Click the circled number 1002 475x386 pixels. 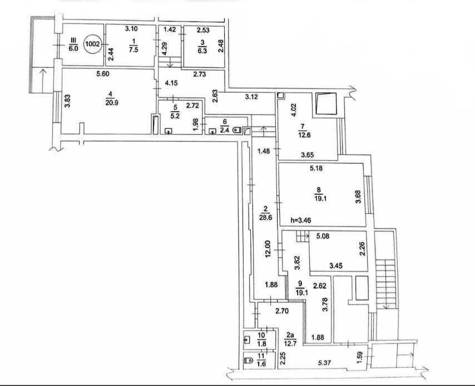[93, 44]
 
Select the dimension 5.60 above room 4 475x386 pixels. [102, 73]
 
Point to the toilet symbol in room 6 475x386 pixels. [237, 131]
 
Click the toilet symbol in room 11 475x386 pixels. [249, 360]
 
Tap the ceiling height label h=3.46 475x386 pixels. [300, 220]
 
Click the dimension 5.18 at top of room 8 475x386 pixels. [316, 168]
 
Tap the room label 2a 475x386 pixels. [290, 335]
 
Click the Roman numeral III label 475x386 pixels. [73, 41]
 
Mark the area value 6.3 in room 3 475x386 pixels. [202, 51]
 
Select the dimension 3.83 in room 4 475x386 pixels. [68, 101]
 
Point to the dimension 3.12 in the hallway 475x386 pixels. [251, 97]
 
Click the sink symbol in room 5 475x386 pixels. [168, 131]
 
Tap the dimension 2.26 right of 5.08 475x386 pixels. [362, 249]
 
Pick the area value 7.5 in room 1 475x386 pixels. [133, 50]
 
